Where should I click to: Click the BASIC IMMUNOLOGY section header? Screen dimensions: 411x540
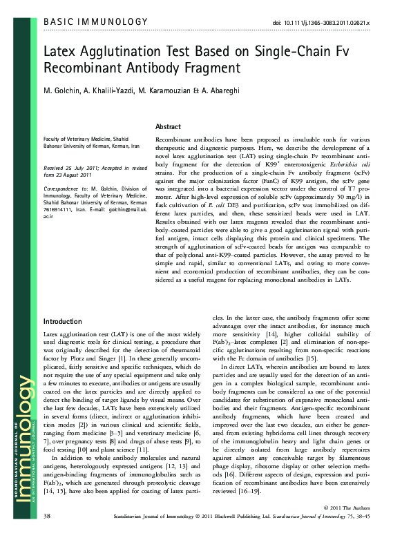coord(95,22)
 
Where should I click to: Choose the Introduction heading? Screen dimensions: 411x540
coord(64,322)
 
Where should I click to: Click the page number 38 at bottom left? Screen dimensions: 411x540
coord(47,534)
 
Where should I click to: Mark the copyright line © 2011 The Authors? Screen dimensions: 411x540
coord(346,527)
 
